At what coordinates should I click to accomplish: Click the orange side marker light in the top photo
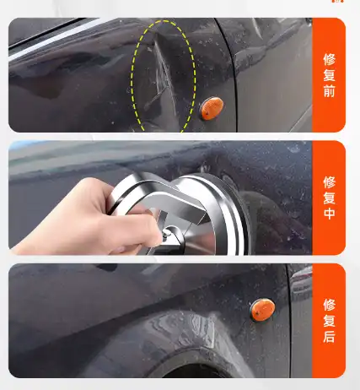pyautogui.click(x=211, y=107)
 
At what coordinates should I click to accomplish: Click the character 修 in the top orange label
pyautogui.click(x=329, y=59)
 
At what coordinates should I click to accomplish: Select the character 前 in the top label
pyautogui.click(x=329, y=91)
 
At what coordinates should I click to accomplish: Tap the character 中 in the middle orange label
pyautogui.click(x=329, y=213)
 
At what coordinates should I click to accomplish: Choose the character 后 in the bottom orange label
pyautogui.click(x=329, y=336)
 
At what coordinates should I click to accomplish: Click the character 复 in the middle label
pyautogui.click(x=329, y=198)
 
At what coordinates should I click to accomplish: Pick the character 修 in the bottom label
pyautogui.click(x=329, y=304)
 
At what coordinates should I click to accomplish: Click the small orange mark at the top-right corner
pyautogui.click(x=338, y=3)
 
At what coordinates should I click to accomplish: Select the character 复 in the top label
pyautogui.click(x=329, y=75)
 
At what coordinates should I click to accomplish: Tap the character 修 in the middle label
pyautogui.click(x=329, y=181)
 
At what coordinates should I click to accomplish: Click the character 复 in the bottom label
pyautogui.click(x=329, y=320)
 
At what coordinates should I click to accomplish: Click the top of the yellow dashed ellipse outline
pyautogui.click(x=164, y=22)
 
